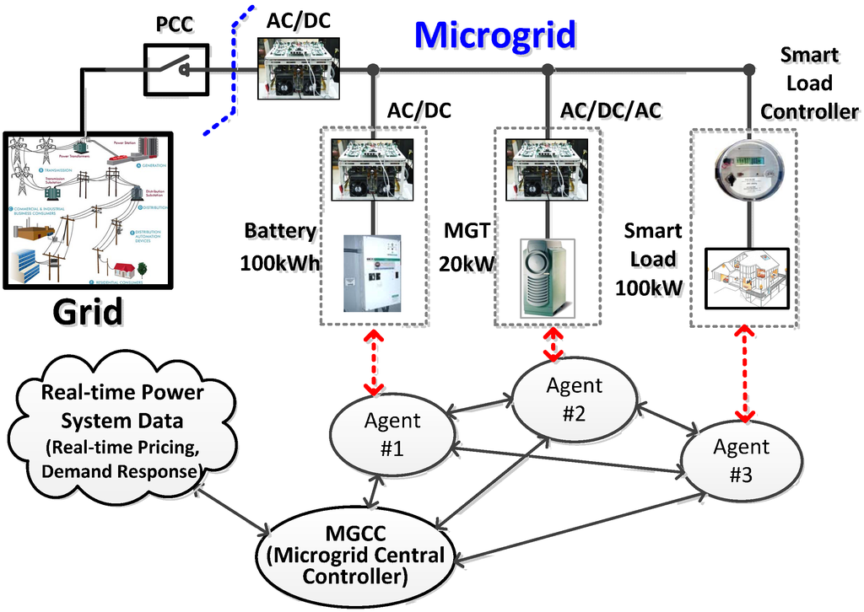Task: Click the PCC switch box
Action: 179,70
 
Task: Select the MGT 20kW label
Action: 467,247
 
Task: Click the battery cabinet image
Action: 372,271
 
